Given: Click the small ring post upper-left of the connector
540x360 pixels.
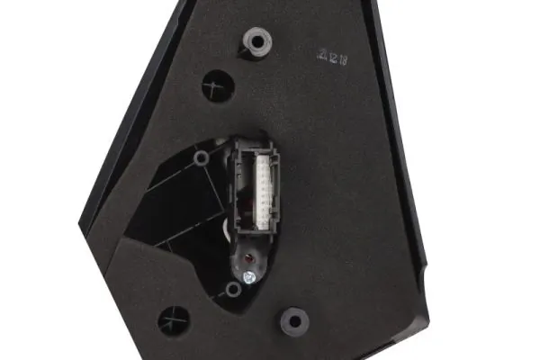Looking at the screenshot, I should (x=202, y=158).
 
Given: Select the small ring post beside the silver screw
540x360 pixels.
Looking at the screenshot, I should (x=233, y=290).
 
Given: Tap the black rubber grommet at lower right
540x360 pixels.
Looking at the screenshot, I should (x=292, y=319).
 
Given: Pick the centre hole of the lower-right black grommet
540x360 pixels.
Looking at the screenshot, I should (x=292, y=319).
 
